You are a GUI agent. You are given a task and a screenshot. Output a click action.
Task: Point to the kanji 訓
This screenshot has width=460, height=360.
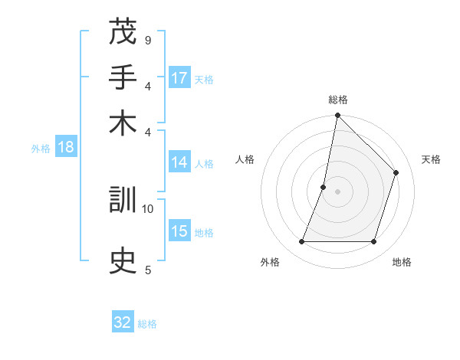click(123, 201)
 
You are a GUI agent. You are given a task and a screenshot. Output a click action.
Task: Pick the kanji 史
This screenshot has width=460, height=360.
click(123, 262)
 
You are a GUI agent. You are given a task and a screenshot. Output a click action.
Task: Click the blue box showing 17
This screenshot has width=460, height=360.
click(179, 78)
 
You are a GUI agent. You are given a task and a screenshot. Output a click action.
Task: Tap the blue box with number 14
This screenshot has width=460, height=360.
click(179, 162)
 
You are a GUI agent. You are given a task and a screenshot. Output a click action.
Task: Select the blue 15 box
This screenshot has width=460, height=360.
click(179, 231)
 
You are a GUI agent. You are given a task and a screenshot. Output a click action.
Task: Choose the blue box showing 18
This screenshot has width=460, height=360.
click(65, 147)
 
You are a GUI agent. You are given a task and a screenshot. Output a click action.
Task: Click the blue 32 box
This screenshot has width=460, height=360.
click(123, 322)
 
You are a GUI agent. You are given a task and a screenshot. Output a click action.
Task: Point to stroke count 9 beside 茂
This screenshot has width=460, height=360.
click(147, 40)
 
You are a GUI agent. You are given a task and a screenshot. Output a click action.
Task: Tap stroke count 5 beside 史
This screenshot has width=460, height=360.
click(147, 269)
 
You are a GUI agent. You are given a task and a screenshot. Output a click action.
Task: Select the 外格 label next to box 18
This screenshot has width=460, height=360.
click(41, 149)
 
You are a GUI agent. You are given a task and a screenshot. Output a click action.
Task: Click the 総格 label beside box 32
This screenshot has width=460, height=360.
click(147, 324)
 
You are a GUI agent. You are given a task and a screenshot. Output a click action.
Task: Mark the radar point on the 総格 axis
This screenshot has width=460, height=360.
click(337, 116)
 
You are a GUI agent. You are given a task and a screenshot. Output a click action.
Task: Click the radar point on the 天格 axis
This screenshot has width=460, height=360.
click(396, 173)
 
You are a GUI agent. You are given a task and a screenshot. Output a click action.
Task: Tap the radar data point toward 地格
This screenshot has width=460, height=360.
click(373, 242)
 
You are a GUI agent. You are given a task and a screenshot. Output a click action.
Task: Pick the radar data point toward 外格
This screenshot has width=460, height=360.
click(302, 242)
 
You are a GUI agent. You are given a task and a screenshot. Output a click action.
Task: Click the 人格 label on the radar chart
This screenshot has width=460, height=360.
click(245, 159)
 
